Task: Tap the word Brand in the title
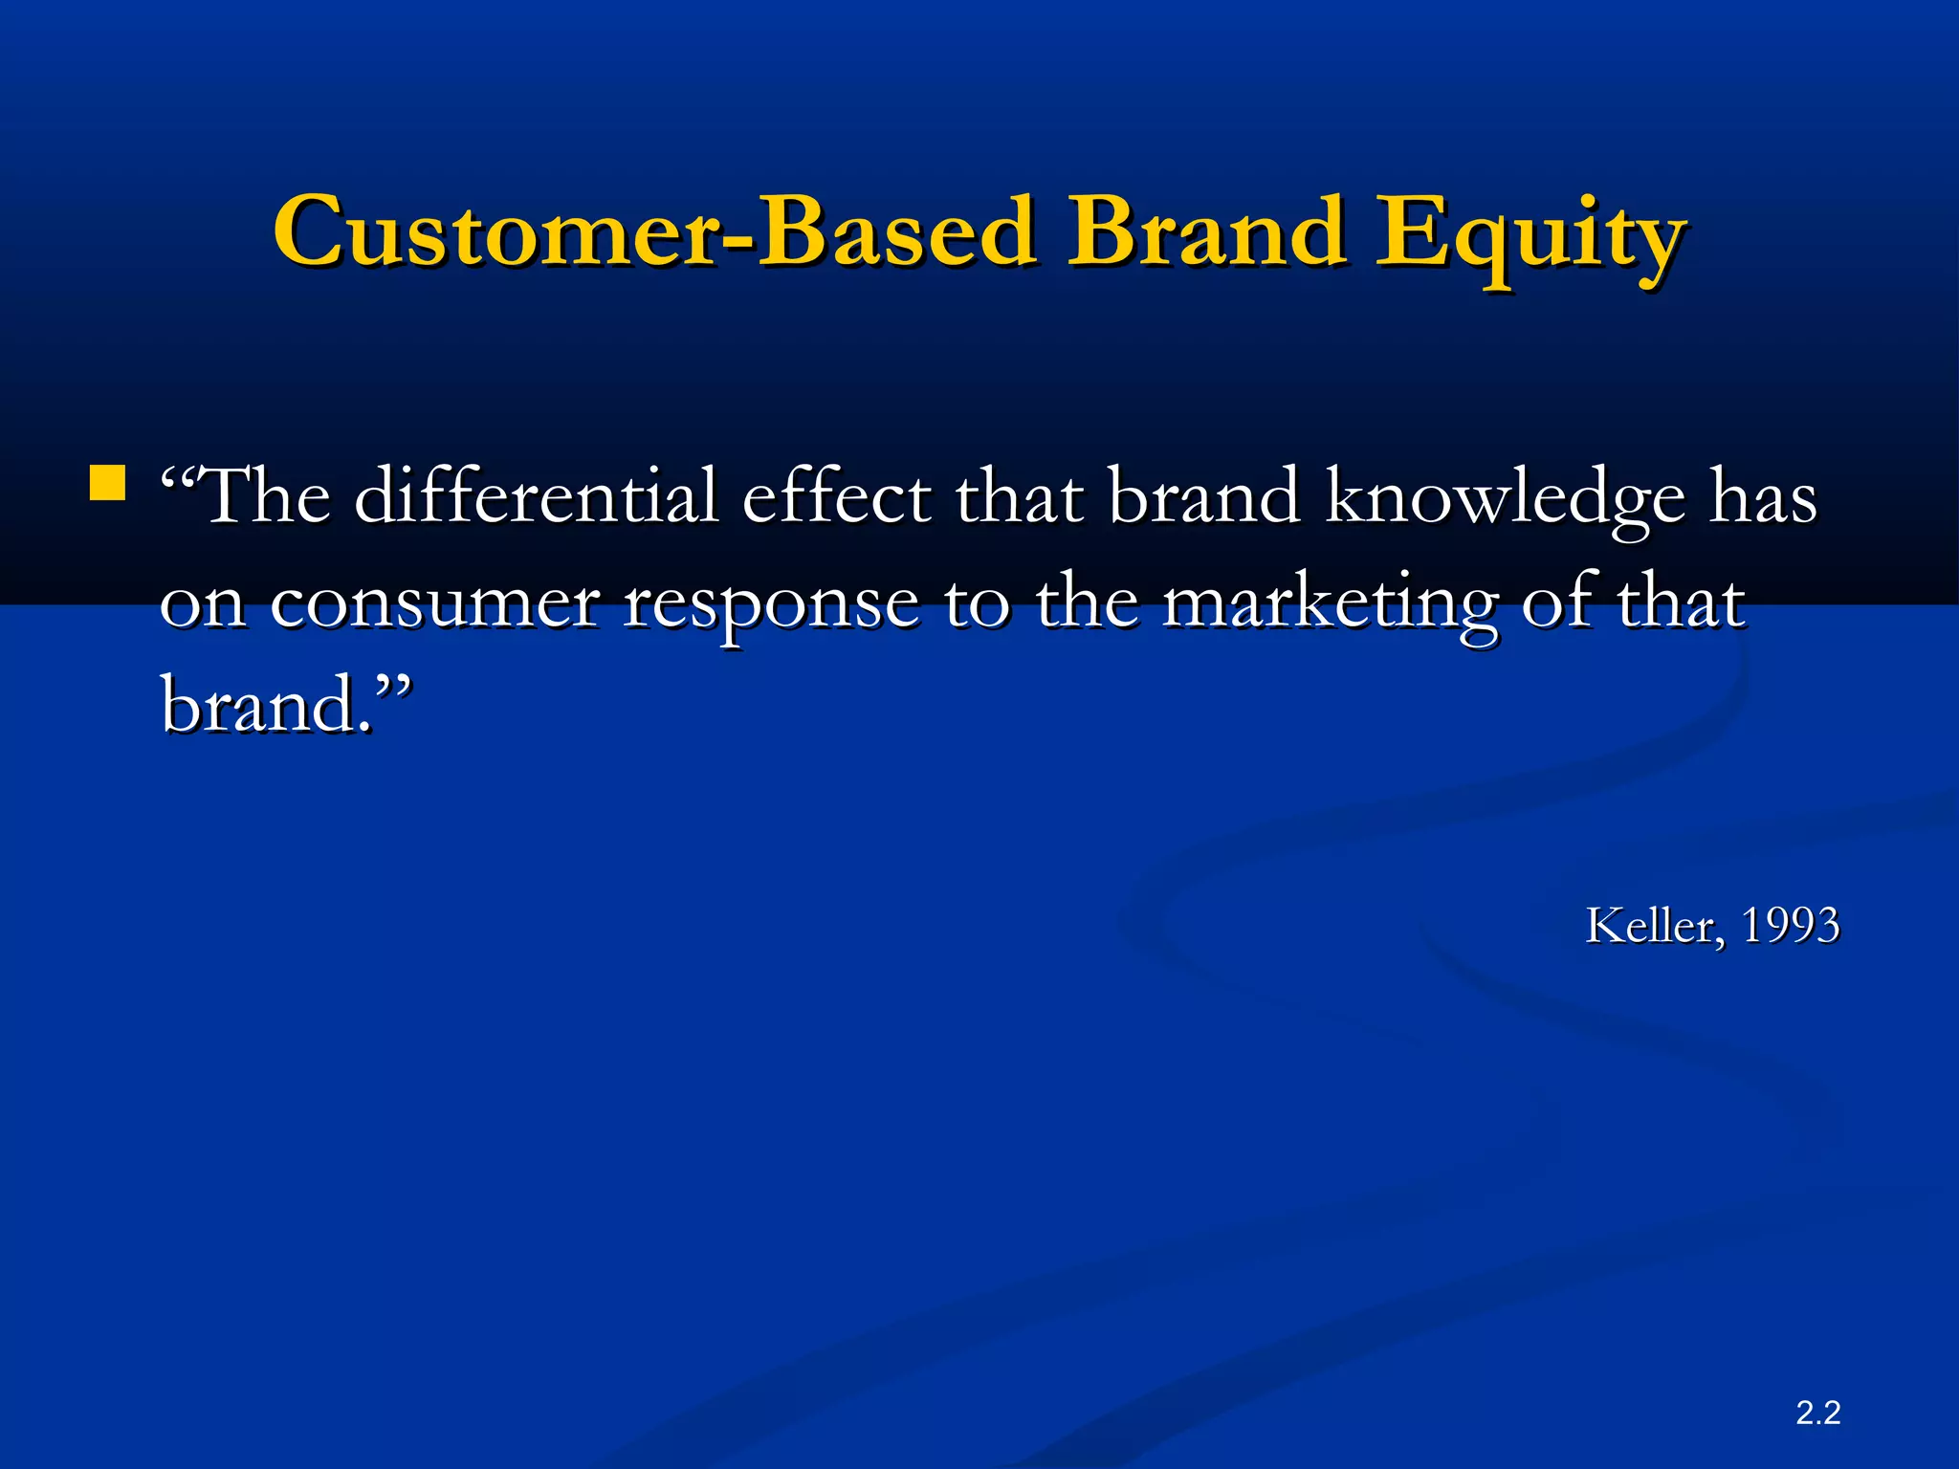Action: tap(1207, 232)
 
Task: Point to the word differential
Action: tap(536, 496)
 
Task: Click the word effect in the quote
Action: tap(837, 496)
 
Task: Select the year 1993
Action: tap(1790, 926)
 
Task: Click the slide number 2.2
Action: tap(1817, 1412)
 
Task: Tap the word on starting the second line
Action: tap(202, 603)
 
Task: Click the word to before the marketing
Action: tap(977, 603)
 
